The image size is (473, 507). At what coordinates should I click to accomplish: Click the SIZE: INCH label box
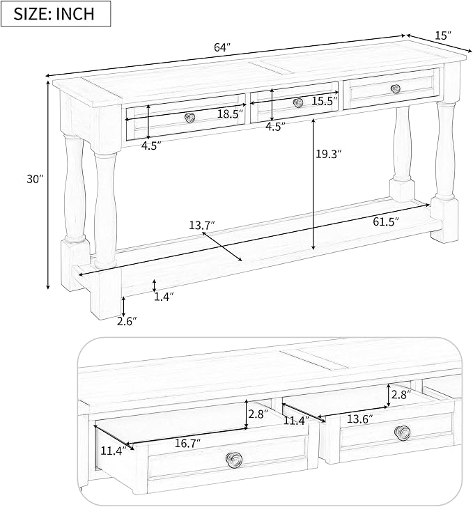[56, 14]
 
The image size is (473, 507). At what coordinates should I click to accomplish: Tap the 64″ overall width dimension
[222, 47]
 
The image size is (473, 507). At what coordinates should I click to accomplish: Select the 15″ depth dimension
[443, 36]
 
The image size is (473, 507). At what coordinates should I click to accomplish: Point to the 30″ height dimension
[35, 179]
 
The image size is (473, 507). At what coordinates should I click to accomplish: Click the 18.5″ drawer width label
[230, 114]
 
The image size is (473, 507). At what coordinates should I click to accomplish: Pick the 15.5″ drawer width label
[325, 101]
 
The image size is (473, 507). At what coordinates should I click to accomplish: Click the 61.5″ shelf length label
[386, 221]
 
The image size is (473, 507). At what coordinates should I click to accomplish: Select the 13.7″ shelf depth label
[202, 225]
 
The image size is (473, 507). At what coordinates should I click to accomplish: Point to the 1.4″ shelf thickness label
[164, 297]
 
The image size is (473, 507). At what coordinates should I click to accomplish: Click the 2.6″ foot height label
[127, 321]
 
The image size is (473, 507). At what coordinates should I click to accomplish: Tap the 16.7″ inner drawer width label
[187, 443]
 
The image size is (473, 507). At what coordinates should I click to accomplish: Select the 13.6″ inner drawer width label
[360, 419]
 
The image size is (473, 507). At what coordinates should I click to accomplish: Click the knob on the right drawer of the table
[396, 88]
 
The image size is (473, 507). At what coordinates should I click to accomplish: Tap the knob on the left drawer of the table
[190, 117]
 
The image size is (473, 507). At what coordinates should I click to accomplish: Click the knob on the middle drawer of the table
[298, 103]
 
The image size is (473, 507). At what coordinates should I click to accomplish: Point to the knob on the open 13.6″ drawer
[403, 432]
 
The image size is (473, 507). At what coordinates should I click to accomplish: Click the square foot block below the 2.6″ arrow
[105, 296]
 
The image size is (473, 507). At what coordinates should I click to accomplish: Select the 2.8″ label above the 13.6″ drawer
[401, 394]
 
